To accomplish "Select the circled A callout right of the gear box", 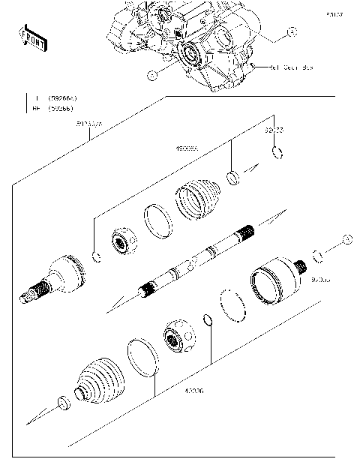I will pyautogui.click(x=292, y=31).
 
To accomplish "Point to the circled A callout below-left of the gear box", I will pyautogui.click(x=151, y=75).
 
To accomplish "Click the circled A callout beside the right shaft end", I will pyautogui.click(x=346, y=239).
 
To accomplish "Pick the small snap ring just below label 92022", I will pyautogui.click(x=277, y=154).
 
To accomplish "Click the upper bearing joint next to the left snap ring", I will pyautogui.click(x=122, y=241).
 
